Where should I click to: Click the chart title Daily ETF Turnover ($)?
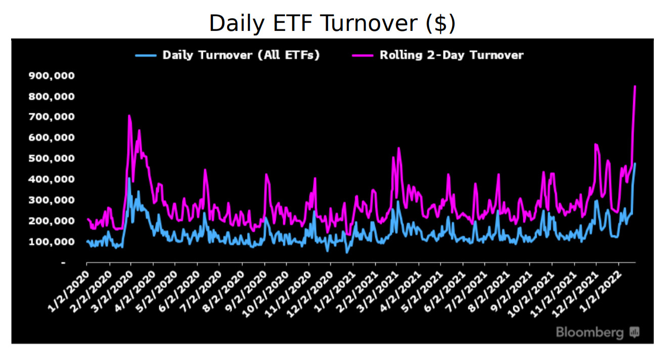tap(332, 23)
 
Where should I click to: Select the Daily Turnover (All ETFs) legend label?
tap(241, 55)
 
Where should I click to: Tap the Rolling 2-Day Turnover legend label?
tap(451, 55)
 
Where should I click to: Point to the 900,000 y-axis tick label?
tap(52, 76)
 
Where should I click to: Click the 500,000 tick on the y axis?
tap(52, 158)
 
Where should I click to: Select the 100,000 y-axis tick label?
tap(52, 241)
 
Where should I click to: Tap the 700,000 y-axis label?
tap(52, 117)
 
